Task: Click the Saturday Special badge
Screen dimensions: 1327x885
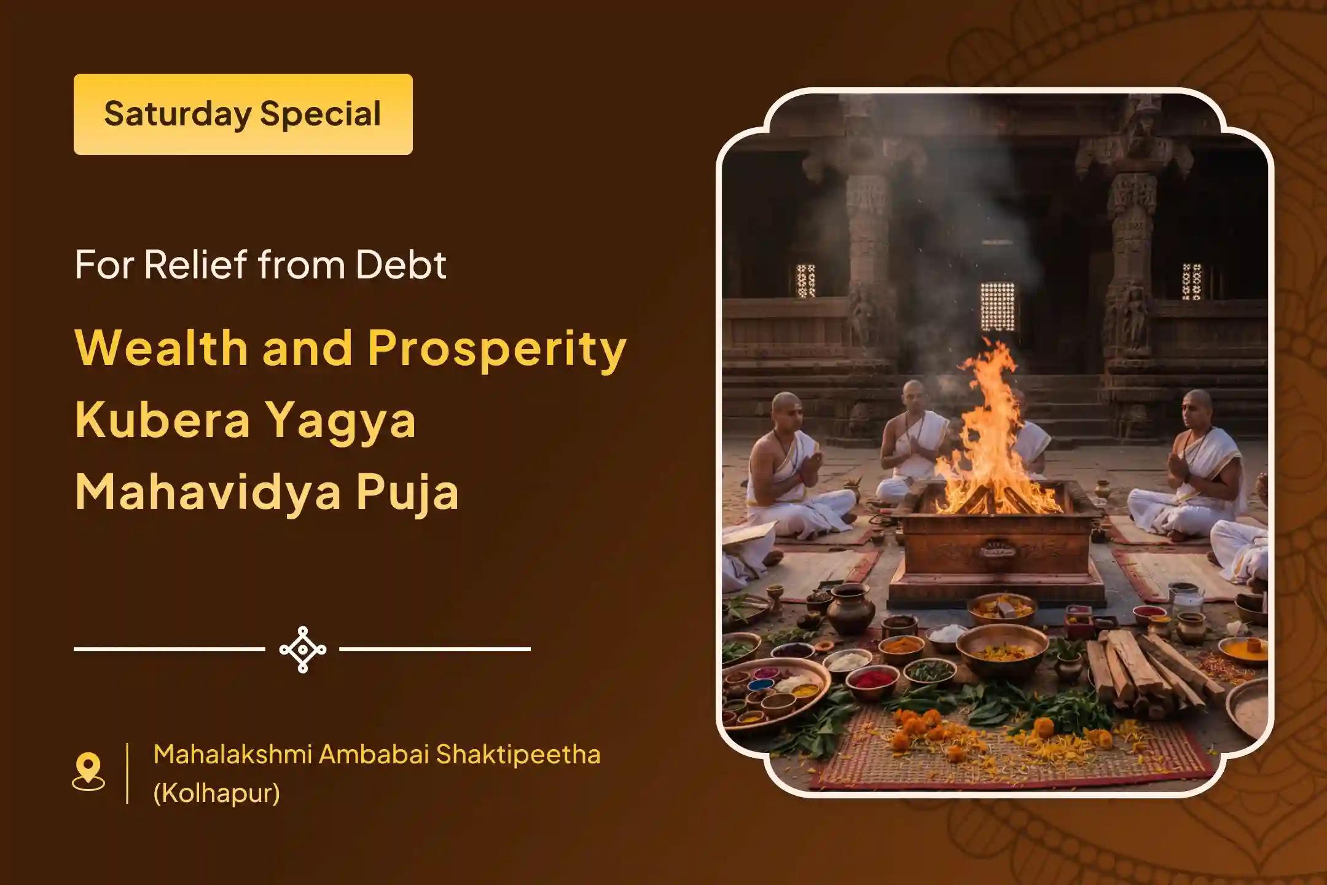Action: click(243, 114)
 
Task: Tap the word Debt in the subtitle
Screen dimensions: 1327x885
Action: click(401, 264)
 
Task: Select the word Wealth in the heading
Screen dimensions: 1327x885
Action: click(161, 347)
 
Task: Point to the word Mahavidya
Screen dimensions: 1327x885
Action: click(207, 492)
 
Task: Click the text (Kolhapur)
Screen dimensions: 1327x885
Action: click(217, 793)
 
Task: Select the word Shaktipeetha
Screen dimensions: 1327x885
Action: click(518, 755)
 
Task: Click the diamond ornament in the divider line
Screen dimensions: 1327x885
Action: click(302, 649)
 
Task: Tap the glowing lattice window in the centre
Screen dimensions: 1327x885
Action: click(997, 307)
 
